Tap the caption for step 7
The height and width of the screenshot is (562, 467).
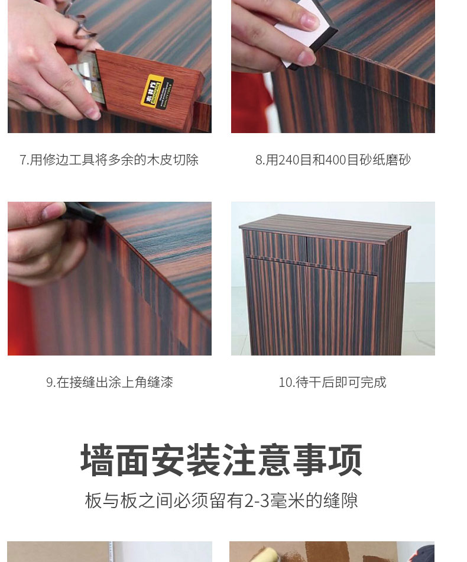[x=109, y=160]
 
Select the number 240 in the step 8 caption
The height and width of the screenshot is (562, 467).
[x=288, y=160]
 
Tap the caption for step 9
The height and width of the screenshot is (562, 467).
[x=109, y=382]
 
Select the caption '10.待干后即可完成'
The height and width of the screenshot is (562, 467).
[x=332, y=382]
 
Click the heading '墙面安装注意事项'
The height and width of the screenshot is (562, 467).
[x=221, y=460]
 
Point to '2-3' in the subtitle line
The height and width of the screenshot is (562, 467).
[x=257, y=500]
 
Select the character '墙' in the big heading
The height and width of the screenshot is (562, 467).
[x=98, y=460]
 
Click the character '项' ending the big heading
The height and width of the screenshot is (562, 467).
[x=345, y=460]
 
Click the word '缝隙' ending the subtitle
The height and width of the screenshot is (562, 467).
[x=340, y=500]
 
